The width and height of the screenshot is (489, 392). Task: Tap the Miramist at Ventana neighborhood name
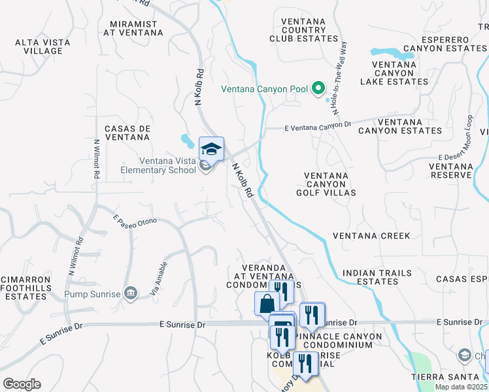133,27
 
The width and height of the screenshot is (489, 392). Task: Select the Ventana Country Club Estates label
303,30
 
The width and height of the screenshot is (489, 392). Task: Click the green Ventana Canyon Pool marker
318,88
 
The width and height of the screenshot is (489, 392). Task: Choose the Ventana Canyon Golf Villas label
330,184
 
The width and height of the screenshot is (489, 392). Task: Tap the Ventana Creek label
371,236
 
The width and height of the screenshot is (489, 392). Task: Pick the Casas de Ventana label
128,133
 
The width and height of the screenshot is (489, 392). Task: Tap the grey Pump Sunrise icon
131,293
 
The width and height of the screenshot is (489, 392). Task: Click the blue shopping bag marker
267,303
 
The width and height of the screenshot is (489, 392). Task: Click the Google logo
22,384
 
